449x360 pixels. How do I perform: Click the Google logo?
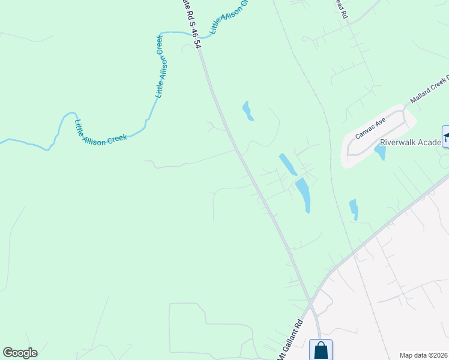click(20, 353)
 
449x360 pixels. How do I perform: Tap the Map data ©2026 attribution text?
click(423, 355)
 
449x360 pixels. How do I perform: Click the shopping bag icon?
click(321, 350)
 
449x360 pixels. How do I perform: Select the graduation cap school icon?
click(445, 137)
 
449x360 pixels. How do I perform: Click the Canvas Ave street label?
click(371, 127)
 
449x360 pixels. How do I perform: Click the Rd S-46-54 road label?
click(191, 25)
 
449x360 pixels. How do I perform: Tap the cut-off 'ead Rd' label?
click(341, 9)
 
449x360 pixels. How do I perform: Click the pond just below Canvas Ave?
click(380, 152)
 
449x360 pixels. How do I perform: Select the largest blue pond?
click(303, 194)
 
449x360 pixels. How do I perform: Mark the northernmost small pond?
click(247, 111)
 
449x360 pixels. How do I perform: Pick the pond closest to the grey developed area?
click(354, 209)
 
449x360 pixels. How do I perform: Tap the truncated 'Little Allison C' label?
click(229, 16)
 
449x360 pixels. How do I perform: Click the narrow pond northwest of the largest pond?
click(287, 164)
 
